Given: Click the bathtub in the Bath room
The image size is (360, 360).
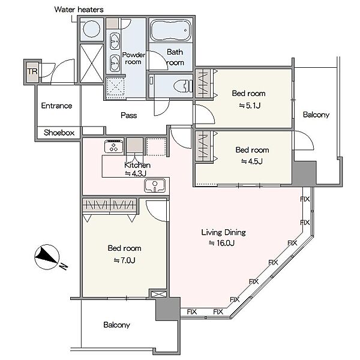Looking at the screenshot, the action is click(x=171, y=30).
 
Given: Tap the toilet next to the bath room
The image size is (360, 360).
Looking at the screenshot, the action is click(x=183, y=86).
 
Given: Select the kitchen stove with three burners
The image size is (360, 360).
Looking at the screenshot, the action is click(x=113, y=146).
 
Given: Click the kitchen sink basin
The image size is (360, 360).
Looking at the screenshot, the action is click(x=155, y=185).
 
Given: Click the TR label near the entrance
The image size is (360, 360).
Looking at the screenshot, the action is click(x=32, y=71).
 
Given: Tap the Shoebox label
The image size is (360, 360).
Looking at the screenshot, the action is click(x=59, y=133).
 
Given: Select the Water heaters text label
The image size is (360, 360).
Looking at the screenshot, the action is click(x=79, y=10).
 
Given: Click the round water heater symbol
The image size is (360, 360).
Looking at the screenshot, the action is click(x=92, y=29).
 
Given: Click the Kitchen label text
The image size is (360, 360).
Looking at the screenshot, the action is click(x=137, y=165).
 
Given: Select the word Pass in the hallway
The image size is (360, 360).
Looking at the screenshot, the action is click(x=129, y=115).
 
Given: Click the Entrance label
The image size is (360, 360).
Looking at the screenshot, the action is click(x=57, y=106).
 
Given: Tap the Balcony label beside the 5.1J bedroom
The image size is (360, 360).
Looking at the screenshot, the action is click(x=316, y=115).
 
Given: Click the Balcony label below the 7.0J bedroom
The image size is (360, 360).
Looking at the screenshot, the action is click(x=116, y=325).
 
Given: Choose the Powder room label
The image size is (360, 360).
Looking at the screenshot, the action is click(x=133, y=58).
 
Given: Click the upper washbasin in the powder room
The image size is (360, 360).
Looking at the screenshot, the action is click(x=115, y=41).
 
